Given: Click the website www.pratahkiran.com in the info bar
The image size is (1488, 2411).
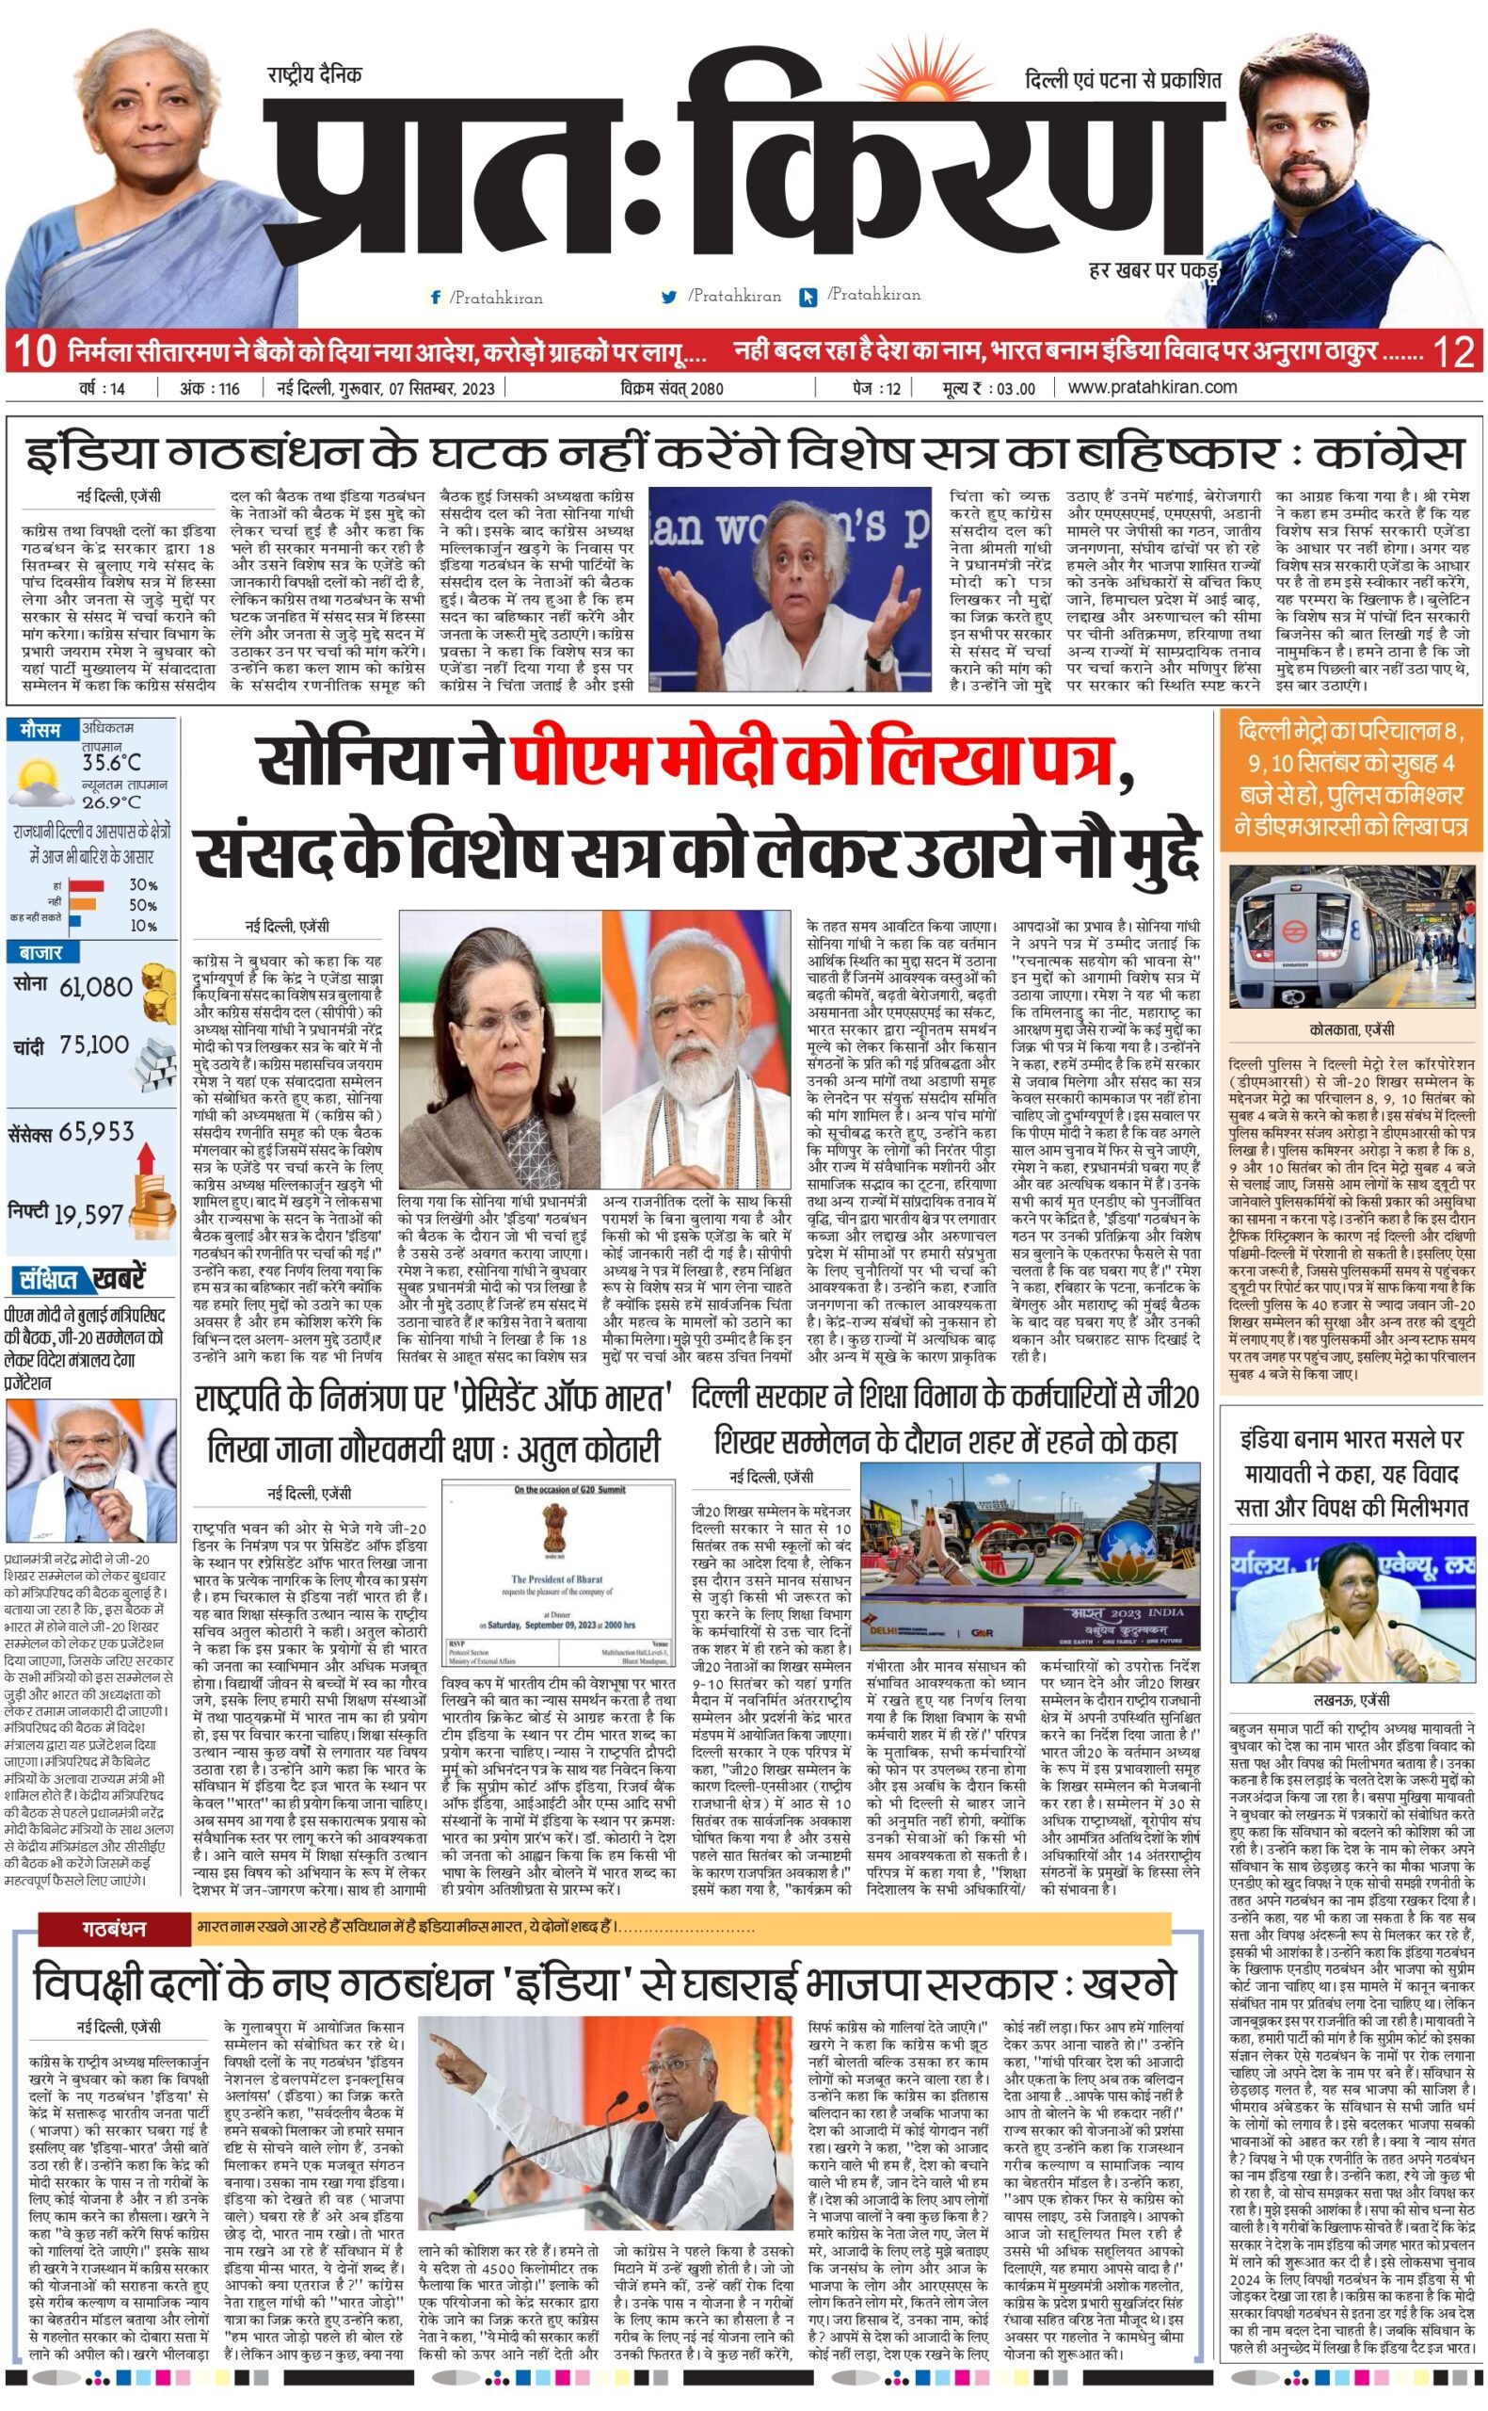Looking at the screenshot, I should tap(1151, 387).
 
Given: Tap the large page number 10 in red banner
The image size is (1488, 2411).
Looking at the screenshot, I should tap(35, 351).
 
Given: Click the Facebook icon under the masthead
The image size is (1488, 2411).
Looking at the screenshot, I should tap(435, 298).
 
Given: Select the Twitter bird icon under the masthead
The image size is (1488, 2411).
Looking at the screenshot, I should tap(670, 297).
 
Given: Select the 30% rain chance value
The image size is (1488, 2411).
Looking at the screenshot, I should tap(143, 885).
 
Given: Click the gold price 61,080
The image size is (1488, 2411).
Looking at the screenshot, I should tap(95, 986).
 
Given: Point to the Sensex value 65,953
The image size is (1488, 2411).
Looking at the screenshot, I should tap(96, 1131).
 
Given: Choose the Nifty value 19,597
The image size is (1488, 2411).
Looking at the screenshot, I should tap(88, 1215).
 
